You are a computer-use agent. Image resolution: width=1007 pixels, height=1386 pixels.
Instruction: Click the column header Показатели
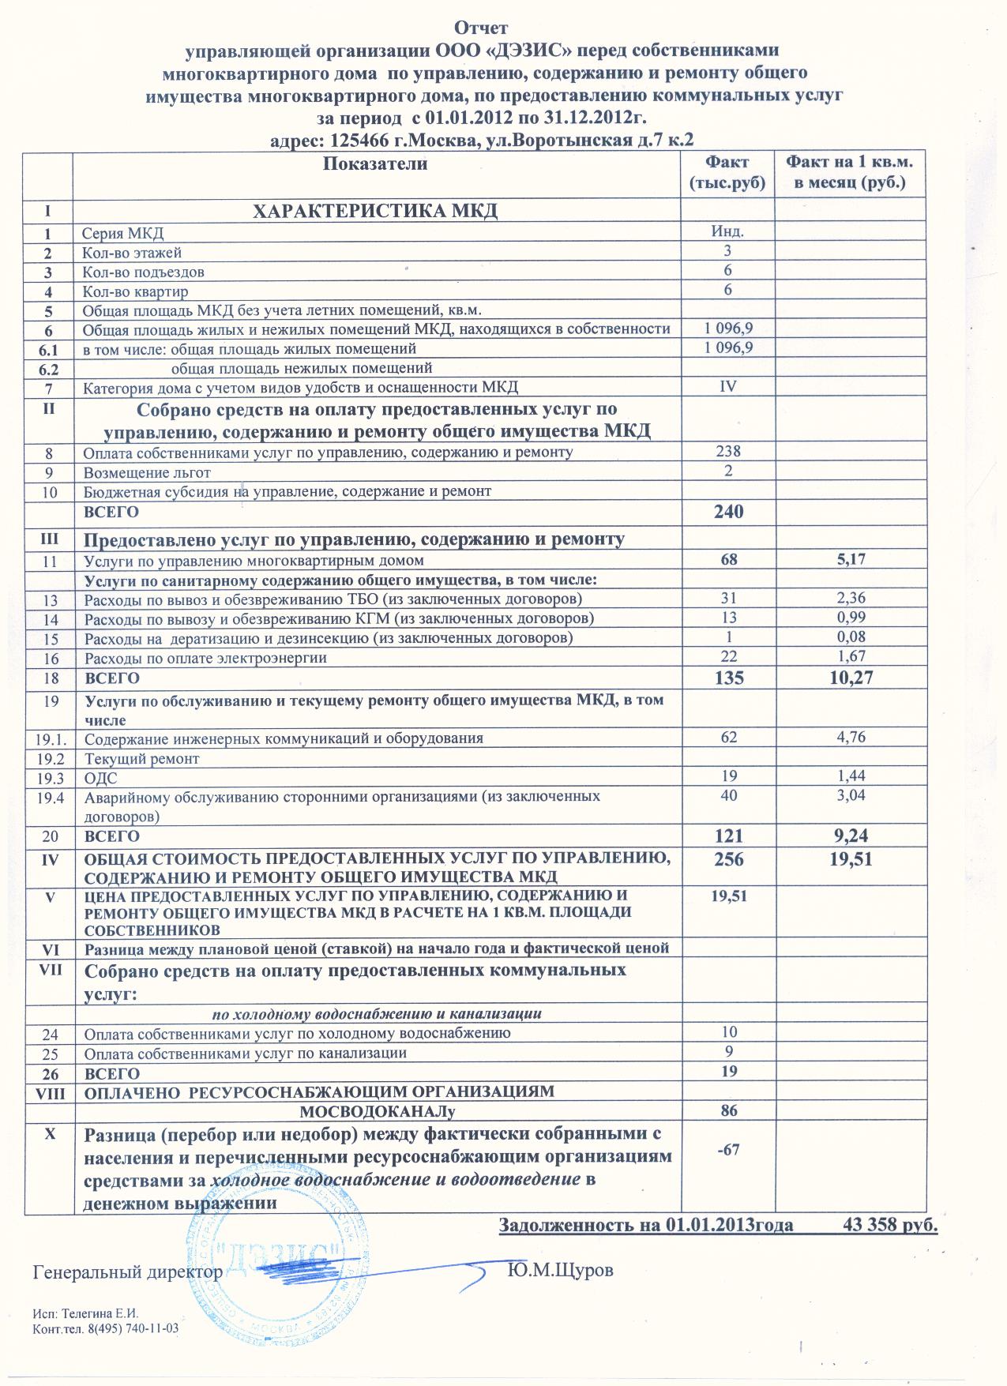point(375,164)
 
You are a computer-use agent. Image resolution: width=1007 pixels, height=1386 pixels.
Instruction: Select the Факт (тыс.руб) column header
point(727,173)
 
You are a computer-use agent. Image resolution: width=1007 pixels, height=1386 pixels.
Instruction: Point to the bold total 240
point(728,512)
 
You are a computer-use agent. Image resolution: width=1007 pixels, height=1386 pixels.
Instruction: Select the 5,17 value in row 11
point(849,560)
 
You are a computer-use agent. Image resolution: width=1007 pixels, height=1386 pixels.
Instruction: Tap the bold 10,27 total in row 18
point(850,677)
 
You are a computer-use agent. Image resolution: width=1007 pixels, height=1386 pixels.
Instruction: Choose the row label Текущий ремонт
point(141,758)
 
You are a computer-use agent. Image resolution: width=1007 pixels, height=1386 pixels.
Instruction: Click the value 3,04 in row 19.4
point(849,795)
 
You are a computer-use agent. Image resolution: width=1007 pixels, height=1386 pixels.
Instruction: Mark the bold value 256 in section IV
point(728,859)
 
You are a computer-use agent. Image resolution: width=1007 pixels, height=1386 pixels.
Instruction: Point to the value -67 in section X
point(727,1149)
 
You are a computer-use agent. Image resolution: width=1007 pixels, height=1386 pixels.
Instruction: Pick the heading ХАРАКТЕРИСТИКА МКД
point(374,211)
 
